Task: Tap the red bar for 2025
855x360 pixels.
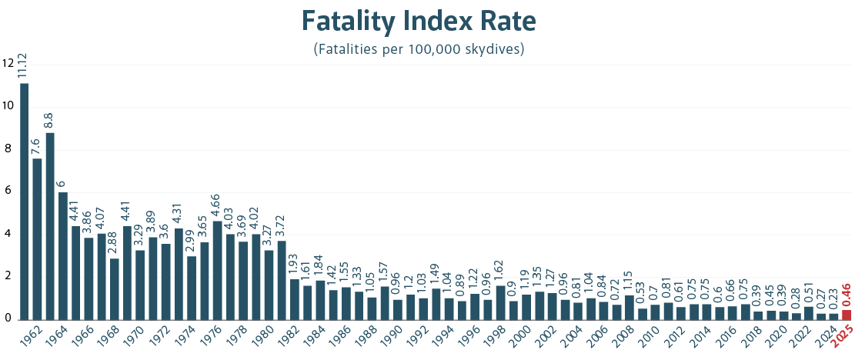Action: (x=847, y=315)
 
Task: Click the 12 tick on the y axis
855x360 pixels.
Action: (x=8, y=64)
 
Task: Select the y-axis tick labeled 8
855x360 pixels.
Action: (x=8, y=149)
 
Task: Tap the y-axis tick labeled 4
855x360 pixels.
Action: (x=8, y=235)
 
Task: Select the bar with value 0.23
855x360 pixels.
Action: (x=833, y=315)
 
